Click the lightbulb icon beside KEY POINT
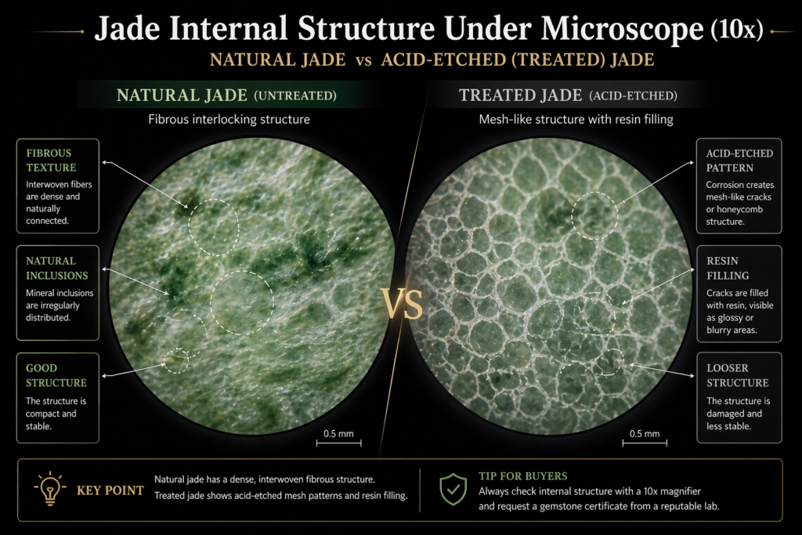tap(50, 489)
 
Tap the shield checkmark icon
tap(453, 489)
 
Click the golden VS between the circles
tap(402, 304)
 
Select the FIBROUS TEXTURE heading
tap(51, 160)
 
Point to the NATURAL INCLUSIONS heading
tap(56, 268)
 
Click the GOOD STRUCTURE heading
tap(56, 375)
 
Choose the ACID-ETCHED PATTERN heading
tap(739, 161)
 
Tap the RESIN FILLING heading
tap(728, 268)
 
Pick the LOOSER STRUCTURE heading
tap(738, 375)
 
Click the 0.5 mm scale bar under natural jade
tap(338, 443)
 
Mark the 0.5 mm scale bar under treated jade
tap(645, 443)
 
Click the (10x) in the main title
tap(736, 29)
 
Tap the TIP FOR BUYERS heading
tap(522, 476)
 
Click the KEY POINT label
tap(110, 490)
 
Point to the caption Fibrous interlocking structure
tap(229, 120)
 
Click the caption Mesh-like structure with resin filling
tap(576, 120)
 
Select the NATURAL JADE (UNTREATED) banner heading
tap(226, 96)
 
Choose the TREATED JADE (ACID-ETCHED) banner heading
tap(569, 96)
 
